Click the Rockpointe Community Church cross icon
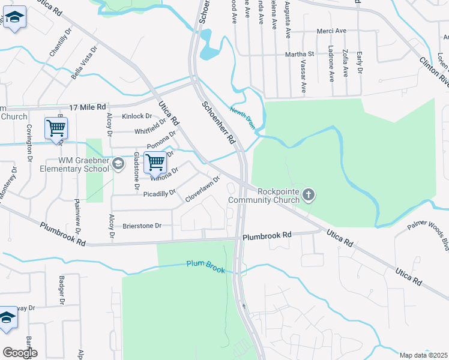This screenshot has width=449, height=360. (309, 195)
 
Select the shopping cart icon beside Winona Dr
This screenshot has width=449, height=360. (155, 161)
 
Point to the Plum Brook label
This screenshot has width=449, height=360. (205, 266)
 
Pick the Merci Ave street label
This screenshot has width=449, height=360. (333, 31)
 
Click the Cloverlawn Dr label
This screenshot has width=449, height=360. (203, 189)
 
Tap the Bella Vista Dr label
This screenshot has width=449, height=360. (85, 64)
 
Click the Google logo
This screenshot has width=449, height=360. (20, 353)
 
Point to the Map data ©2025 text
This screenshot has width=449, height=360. (423, 355)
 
